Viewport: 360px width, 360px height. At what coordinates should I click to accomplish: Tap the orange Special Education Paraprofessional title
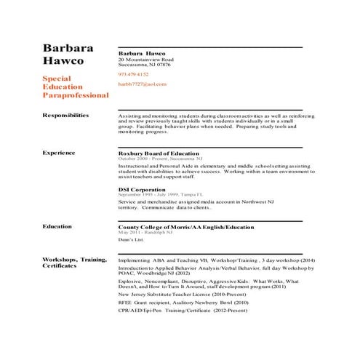coord(76,87)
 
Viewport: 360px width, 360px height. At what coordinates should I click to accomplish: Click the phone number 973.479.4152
coord(133,74)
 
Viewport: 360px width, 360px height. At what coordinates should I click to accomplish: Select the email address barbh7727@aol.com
coord(142,84)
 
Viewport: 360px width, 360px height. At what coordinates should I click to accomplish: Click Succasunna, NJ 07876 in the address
coord(145,65)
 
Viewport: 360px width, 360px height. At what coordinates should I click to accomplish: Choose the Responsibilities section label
coord(65,115)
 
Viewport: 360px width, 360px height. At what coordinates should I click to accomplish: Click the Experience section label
coord(59,153)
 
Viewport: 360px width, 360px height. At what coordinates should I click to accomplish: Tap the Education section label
coord(57,226)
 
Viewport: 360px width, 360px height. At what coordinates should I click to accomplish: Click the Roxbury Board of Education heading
coord(159,153)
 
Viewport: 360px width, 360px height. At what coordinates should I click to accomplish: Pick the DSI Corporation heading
coord(143,189)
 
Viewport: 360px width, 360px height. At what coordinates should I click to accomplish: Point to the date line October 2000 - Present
coord(161,159)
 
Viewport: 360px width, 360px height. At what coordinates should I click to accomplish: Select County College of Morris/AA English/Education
coord(186,227)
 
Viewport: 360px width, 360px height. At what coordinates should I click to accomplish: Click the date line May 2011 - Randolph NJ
coord(145,232)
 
